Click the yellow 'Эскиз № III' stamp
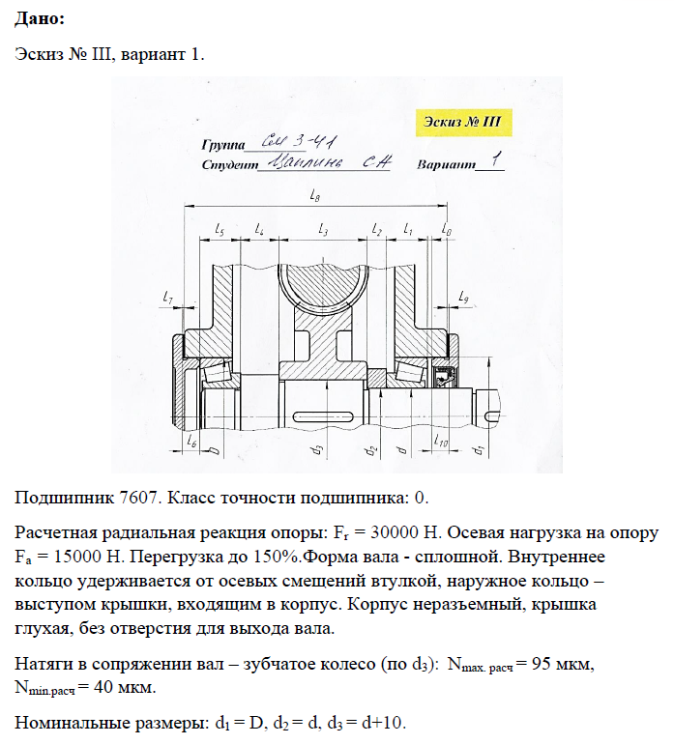point(463,124)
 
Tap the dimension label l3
point(322,229)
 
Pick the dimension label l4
point(258,229)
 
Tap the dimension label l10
point(441,444)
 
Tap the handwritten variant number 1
point(494,160)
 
